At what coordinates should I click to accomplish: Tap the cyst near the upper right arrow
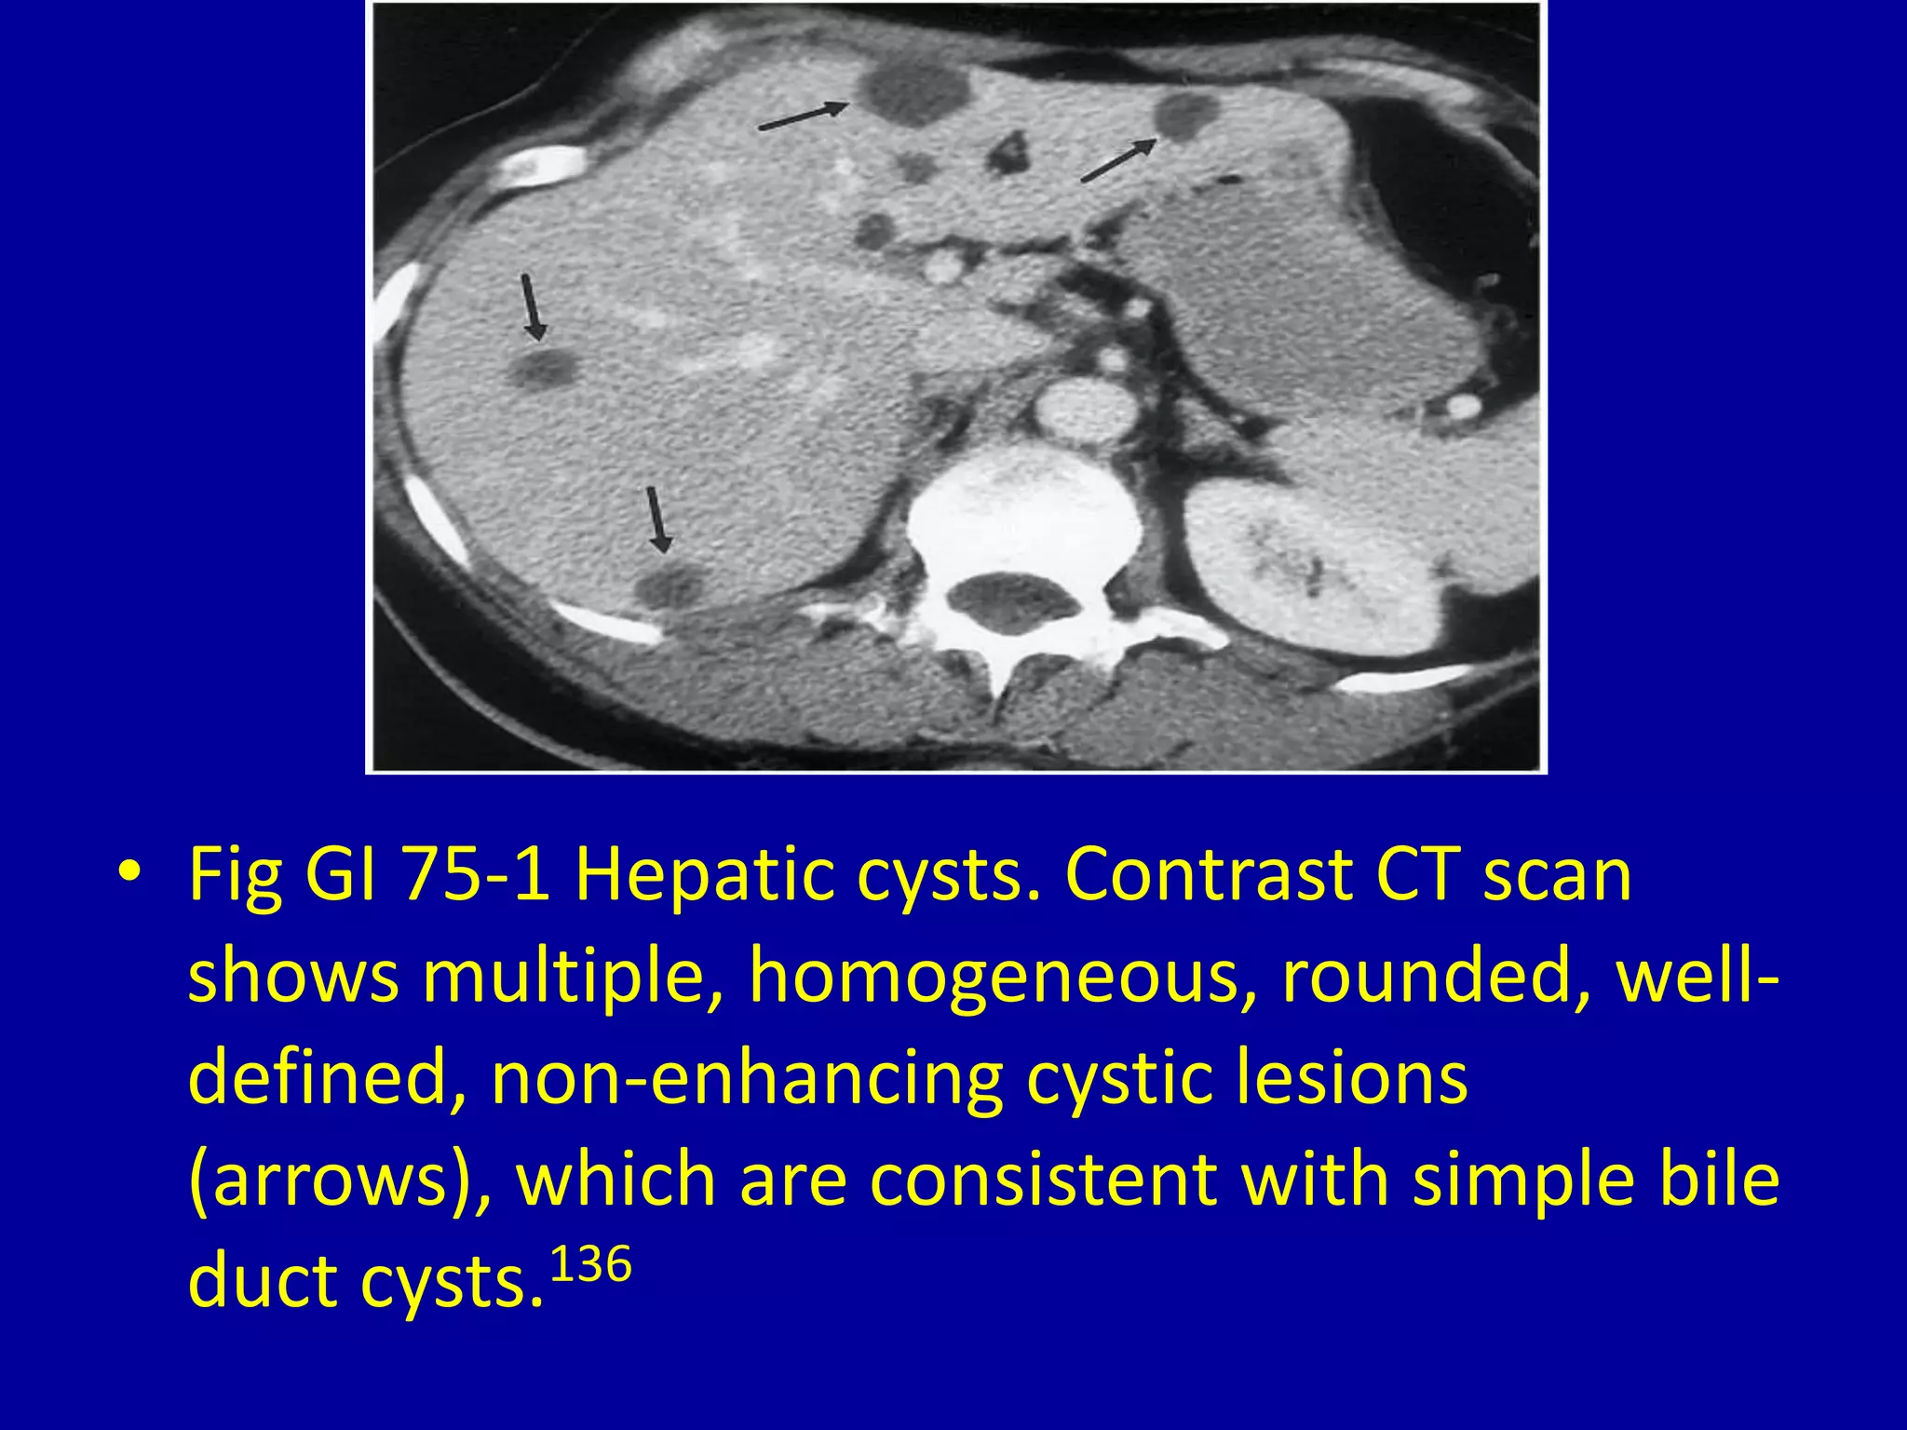pos(1185,115)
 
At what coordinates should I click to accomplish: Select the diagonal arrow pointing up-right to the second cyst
pos(1118,161)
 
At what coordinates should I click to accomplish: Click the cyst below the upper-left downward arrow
pos(543,369)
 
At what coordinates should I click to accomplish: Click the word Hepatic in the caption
pos(704,875)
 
